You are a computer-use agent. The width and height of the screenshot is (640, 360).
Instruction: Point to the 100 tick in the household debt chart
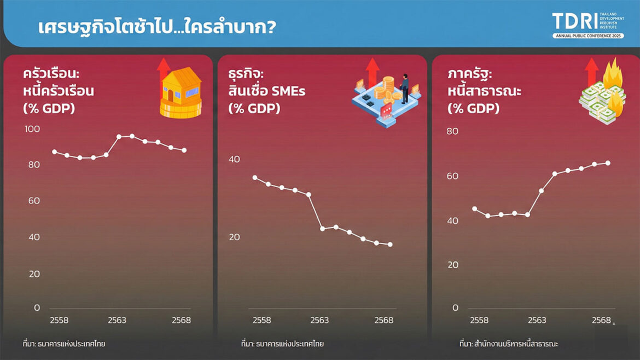[x=33, y=129]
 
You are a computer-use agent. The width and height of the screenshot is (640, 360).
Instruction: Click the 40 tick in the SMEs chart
[x=234, y=159]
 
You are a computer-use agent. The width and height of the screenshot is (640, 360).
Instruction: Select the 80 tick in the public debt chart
[x=452, y=131]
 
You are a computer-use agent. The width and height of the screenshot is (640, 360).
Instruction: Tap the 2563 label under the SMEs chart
[x=320, y=320]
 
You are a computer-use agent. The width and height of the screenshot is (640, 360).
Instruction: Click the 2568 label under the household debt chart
[x=181, y=320]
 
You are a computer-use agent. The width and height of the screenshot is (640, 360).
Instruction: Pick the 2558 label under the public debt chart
[x=479, y=320]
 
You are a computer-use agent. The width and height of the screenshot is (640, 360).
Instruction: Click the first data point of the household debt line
[x=54, y=152]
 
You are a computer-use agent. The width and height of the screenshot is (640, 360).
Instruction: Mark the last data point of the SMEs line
[x=390, y=245]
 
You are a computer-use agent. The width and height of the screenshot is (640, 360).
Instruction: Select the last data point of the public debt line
[x=608, y=163]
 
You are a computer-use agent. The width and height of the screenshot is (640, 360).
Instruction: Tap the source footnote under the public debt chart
[x=508, y=344]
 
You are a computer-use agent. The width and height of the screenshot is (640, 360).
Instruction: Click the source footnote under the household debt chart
[x=64, y=344]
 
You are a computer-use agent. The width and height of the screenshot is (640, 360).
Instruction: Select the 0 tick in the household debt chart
[x=37, y=307]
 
